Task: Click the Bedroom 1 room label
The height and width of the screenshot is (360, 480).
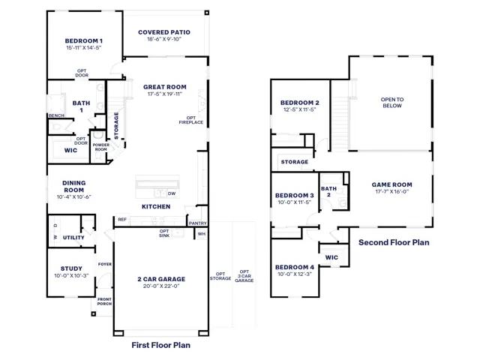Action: point(83,41)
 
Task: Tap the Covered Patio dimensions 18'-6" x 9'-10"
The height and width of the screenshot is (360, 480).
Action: point(164,39)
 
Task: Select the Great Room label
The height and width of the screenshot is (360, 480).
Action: point(165,87)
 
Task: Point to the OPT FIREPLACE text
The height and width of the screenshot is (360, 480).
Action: point(191,120)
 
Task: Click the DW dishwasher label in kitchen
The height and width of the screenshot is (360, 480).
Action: point(172,193)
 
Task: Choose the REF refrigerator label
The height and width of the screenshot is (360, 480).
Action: point(122,220)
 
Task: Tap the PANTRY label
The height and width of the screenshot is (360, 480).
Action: point(197,223)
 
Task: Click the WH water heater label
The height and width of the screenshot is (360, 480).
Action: point(202,234)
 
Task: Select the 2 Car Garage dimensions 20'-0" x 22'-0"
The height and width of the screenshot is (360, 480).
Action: point(161,286)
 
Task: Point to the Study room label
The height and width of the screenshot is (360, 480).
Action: point(71,268)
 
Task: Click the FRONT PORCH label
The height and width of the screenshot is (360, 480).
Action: point(104,301)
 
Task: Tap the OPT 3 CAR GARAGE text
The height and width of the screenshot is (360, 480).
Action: point(244,276)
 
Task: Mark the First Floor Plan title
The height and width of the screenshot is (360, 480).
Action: point(161,345)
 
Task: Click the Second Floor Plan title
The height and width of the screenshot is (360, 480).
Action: point(394,242)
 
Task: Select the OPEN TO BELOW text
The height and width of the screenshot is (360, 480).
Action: point(392,103)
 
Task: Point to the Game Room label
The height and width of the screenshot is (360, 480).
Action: point(391,184)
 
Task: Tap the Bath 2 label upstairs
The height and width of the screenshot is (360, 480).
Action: point(328,192)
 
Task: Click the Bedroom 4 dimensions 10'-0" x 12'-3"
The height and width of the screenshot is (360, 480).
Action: point(295,274)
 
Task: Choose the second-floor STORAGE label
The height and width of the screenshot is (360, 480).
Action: point(295,162)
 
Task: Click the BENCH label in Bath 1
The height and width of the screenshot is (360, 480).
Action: point(57,115)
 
